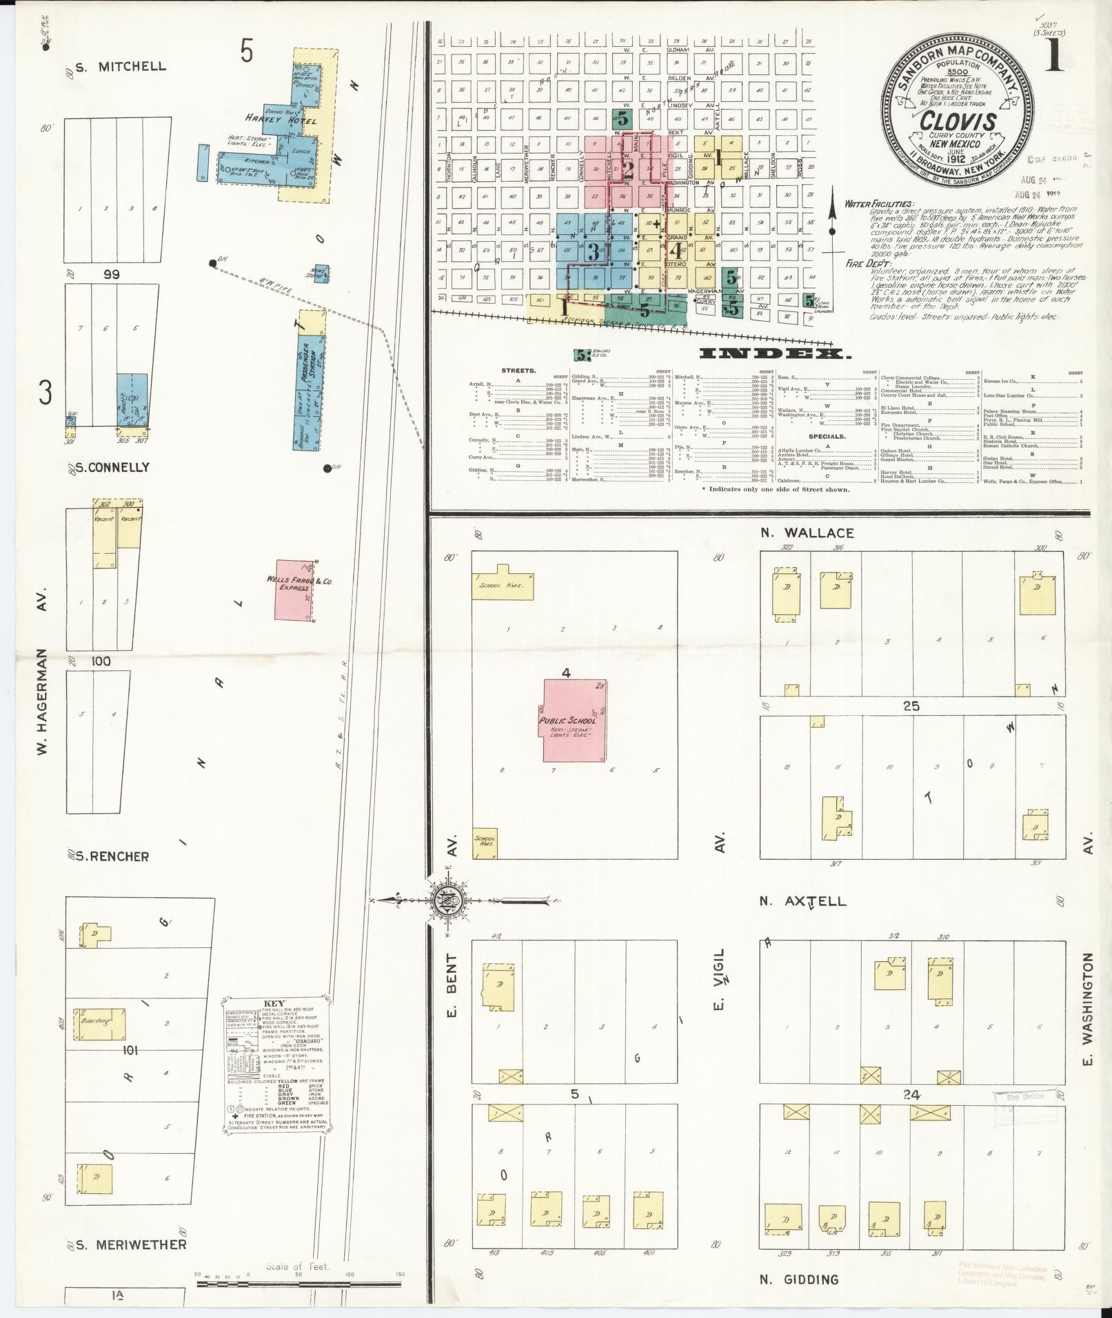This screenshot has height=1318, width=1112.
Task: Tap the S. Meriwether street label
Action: click(130, 1244)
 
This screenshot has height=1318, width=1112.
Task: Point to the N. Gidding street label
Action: click(799, 1279)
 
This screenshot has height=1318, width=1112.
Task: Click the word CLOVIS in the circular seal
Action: click(958, 121)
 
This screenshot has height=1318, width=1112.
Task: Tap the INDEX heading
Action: click(772, 354)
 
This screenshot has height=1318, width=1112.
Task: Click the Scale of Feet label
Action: click(298, 1266)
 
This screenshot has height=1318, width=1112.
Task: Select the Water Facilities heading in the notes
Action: click(879, 205)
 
